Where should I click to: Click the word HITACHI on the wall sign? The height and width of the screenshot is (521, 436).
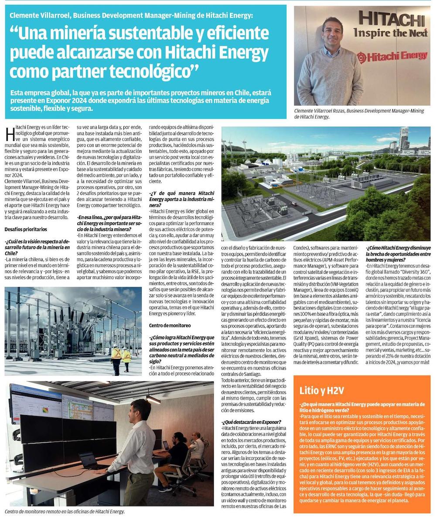click(391, 20)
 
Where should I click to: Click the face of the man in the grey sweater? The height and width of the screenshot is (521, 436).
click(332, 32)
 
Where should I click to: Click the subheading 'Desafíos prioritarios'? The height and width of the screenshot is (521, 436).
click(26, 229)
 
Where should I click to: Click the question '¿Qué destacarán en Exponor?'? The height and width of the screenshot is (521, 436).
click(251, 422)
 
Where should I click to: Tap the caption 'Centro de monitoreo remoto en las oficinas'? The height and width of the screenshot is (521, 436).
click(65, 511)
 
